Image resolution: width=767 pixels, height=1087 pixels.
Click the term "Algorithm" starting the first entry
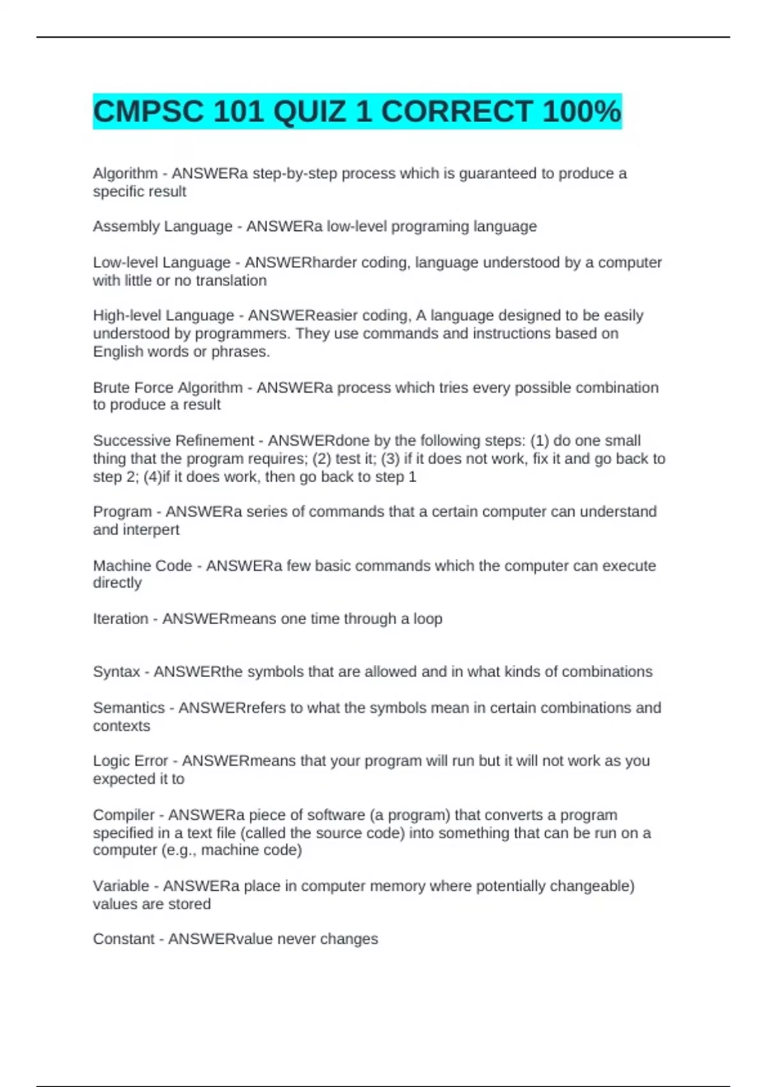pyautogui.click(x=125, y=173)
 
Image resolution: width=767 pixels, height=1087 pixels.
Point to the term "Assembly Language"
pyautogui.click(x=162, y=226)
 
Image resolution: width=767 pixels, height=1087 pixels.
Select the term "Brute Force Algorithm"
pyautogui.click(x=167, y=387)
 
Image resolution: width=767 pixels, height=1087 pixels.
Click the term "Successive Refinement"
pyautogui.click(x=173, y=441)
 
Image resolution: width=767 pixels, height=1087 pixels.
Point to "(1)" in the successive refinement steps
pyautogui.click(x=539, y=441)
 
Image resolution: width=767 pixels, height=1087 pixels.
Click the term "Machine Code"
pyautogui.click(x=142, y=566)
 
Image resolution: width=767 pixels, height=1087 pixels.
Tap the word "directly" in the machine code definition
pyautogui.click(x=117, y=583)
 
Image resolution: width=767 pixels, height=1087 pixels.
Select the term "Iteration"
pyautogui.click(x=120, y=619)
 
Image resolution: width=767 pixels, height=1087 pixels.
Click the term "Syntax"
pyautogui.click(x=116, y=672)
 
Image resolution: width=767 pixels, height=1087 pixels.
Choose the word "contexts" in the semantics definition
pyautogui.click(x=121, y=726)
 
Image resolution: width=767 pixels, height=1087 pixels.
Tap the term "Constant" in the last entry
pyautogui.click(x=123, y=939)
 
